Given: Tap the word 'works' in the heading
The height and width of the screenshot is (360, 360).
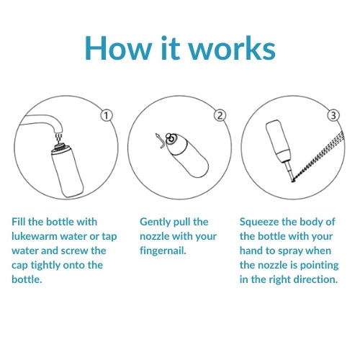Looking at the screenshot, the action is coord(233,48).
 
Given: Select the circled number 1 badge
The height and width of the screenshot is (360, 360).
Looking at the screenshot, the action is coord(107,115).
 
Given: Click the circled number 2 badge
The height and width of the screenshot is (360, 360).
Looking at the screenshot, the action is coord(220,115).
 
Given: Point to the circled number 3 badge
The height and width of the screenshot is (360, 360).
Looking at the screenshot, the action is coord(333,115).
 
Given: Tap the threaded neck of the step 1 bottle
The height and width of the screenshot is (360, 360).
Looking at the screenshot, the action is coord(60,146).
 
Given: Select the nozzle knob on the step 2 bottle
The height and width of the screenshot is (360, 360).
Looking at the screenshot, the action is coord(171,138).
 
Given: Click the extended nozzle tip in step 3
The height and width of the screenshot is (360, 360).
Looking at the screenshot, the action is coord(290,171).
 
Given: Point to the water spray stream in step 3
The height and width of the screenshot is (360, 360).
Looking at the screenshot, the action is coord(319,156).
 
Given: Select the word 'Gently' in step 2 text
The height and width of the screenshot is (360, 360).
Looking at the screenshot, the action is coord(155,222).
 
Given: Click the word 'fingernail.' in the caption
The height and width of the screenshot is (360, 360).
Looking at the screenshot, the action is coord(163,251).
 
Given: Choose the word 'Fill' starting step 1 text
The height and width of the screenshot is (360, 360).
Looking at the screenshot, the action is coord(18,222).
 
